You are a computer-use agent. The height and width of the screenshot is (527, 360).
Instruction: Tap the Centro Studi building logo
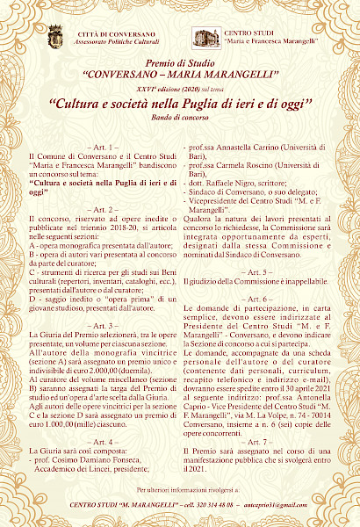206,37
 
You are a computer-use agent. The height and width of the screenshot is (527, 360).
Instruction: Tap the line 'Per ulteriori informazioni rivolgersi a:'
179,488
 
